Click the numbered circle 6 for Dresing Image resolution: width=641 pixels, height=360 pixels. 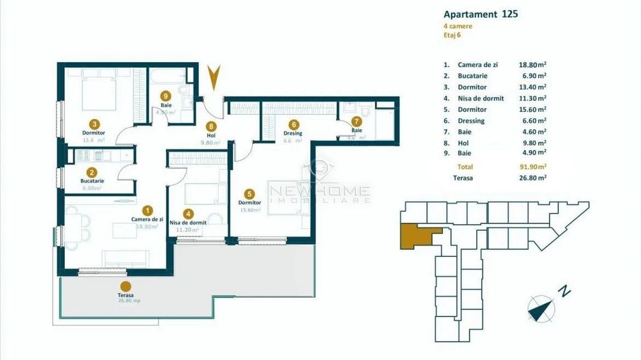click(x=293, y=125)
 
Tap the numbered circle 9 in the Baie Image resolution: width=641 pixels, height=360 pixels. click(x=166, y=97)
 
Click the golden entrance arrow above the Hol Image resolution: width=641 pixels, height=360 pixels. click(x=214, y=78)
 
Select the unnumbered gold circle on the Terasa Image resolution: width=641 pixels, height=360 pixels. click(x=125, y=288)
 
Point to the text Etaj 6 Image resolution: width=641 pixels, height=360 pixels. click(x=454, y=36)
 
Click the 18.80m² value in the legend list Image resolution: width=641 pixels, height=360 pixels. click(x=532, y=64)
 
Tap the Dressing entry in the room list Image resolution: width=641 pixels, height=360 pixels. click(x=472, y=121)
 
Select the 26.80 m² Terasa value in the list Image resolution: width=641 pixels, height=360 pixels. click(x=532, y=178)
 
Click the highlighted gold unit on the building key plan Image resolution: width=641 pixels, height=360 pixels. click(x=417, y=235)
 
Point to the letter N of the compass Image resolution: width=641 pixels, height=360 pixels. click(x=564, y=290)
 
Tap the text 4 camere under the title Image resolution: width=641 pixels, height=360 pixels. click(x=458, y=26)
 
